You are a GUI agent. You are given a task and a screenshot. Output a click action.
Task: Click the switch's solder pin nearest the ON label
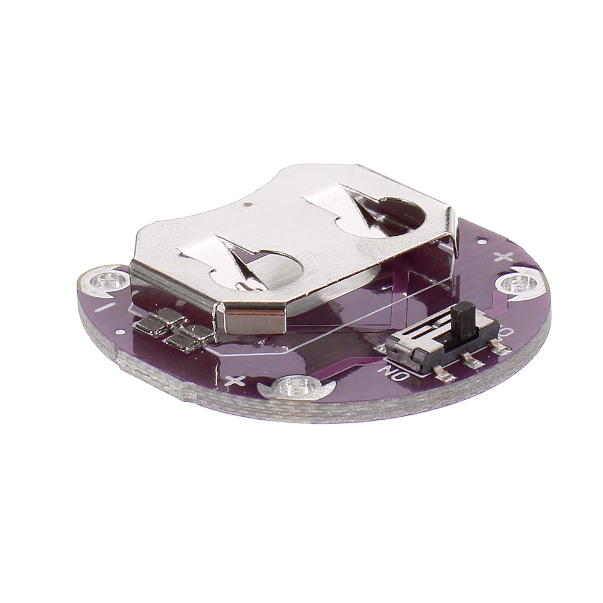point(444,376)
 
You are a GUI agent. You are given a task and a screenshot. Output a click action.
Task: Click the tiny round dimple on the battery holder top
point(249,206)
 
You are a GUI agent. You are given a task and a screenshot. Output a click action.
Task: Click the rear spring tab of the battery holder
point(362,211)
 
